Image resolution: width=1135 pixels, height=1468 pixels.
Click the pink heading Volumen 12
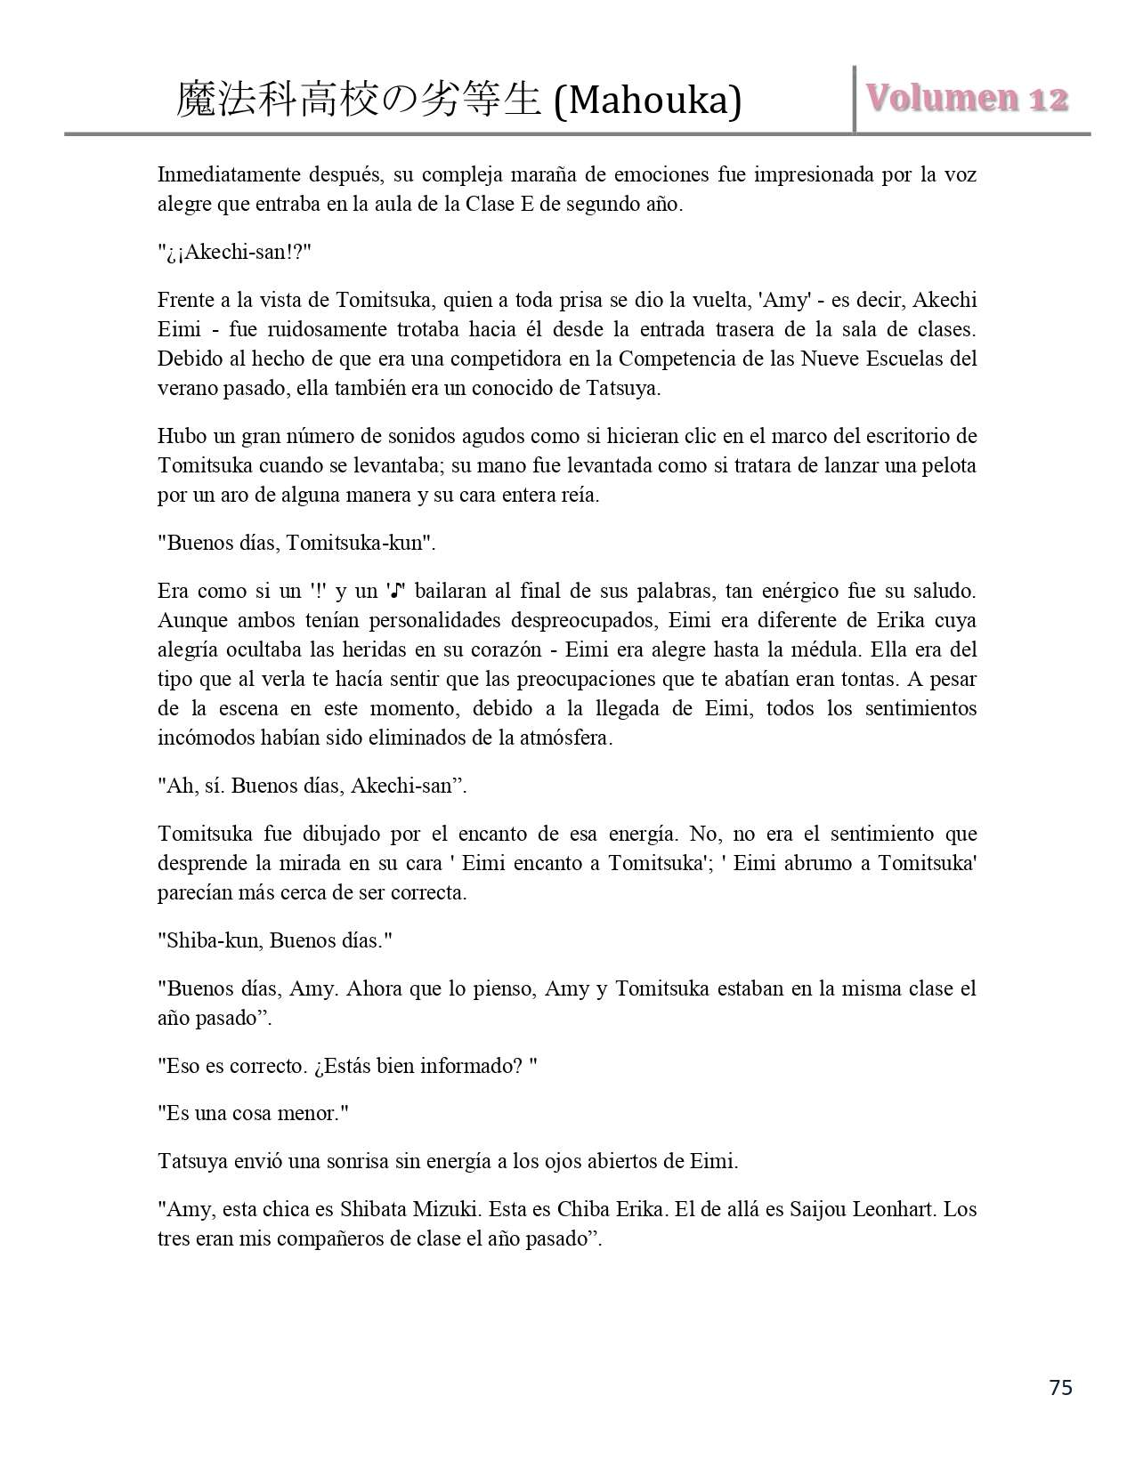(967, 98)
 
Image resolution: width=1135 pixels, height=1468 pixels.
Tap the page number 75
(1061, 1387)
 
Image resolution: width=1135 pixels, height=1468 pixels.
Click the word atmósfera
(565, 738)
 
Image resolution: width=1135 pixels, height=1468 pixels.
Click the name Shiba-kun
(208, 940)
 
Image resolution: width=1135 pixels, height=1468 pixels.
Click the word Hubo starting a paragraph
(181, 436)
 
